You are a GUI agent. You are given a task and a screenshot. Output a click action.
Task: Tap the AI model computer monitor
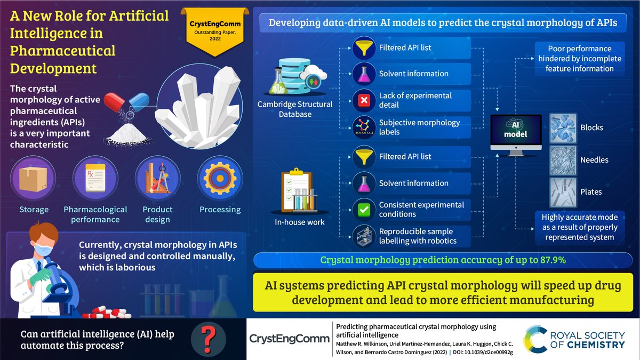click(515, 133)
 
